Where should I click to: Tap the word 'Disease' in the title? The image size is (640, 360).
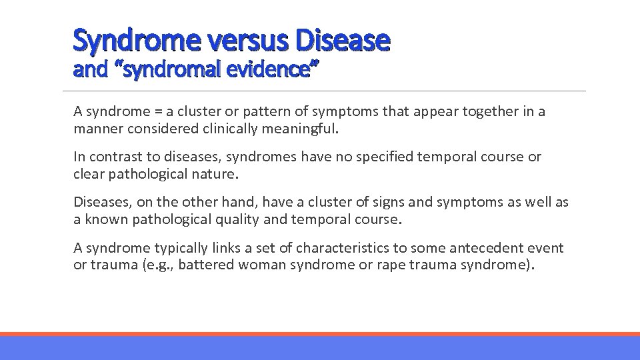[x=343, y=41]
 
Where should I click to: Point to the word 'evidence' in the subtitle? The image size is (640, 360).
[x=273, y=69]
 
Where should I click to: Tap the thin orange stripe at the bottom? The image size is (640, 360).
[x=320, y=334]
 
